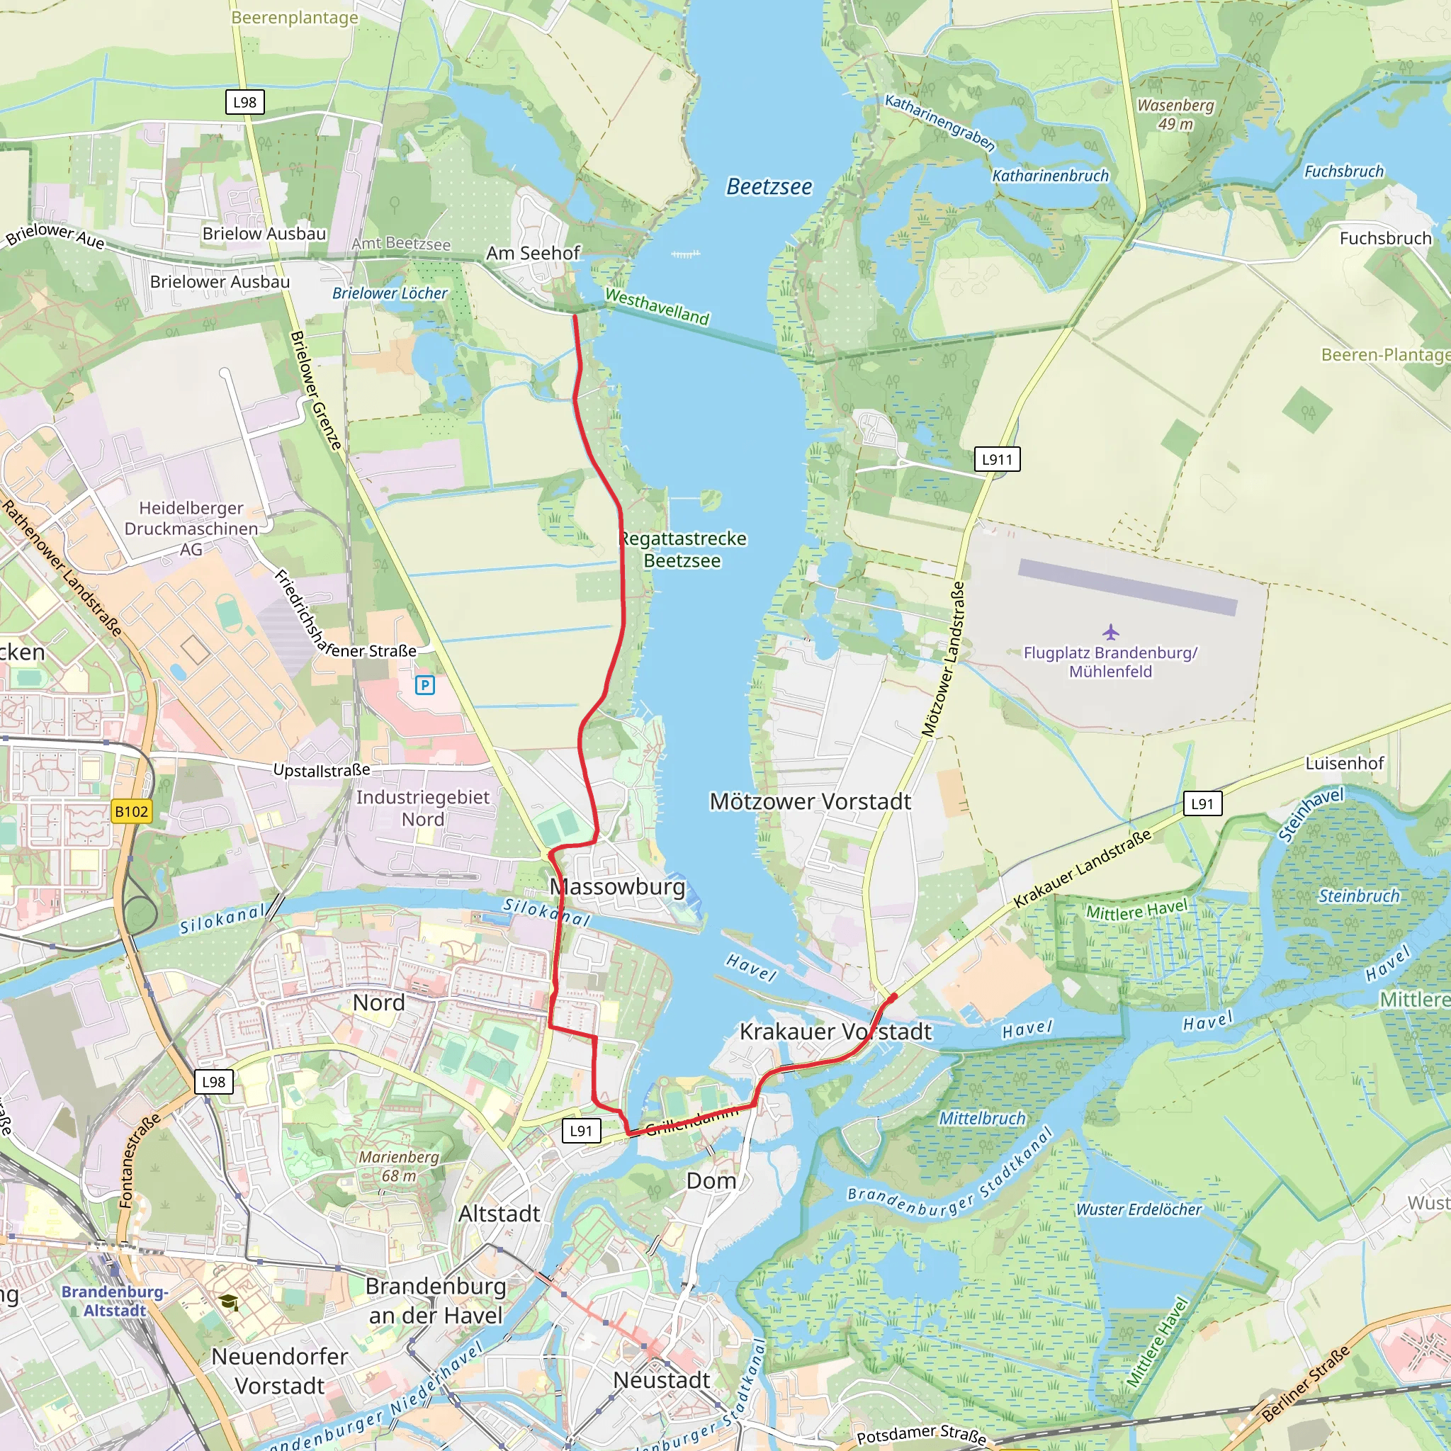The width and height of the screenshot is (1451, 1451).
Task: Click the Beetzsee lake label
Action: pos(768,186)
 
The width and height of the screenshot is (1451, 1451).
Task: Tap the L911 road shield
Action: pos(997,459)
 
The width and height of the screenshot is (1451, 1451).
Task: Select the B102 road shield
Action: pos(132,811)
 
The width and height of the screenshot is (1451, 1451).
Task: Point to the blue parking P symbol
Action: pos(425,684)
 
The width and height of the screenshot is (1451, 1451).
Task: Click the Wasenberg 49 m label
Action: pos(1175,114)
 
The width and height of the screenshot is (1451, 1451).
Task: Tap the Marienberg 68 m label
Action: pos(398,1165)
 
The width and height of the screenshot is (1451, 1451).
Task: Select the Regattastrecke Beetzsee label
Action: pos(682,549)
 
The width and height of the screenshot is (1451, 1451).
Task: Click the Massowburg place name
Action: pos(617,886)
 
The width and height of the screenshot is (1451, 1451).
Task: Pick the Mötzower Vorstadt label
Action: pos(810,801)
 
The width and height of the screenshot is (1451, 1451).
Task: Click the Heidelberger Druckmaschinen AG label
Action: pos(191,528)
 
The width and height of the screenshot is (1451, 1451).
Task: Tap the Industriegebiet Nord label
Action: pos(422,808)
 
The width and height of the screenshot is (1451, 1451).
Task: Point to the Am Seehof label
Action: pos(533,253)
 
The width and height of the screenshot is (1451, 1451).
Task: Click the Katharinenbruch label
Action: pos(1050,176)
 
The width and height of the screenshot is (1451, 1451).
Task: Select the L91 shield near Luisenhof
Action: pos(1202,803)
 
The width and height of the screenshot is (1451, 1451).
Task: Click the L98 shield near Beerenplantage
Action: pos(245,102)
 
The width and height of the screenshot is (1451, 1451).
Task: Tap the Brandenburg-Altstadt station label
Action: pos(114,1301)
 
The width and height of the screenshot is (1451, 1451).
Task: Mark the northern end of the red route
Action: pos(575,316)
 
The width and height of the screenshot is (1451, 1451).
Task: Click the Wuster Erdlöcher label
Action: pos(1139,1209)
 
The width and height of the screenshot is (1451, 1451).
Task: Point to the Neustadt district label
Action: pos(661,1379)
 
